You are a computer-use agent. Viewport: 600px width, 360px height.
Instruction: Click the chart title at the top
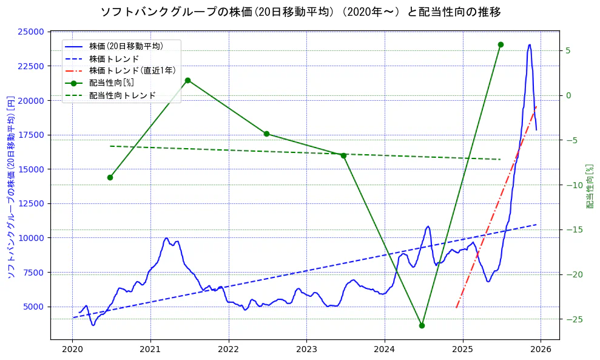(x=300, y=12)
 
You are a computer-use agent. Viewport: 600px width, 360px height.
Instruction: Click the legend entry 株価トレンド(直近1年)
(x=132, y=70)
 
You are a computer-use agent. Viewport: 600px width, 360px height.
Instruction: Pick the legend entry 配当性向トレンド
(x=122, y=95)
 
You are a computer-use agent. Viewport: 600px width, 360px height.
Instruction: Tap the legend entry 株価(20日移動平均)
(x=126, y=46)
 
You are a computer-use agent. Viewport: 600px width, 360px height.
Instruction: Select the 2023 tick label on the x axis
(x=306, y=350)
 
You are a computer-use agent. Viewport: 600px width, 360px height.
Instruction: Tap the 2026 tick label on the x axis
(x=541, y=350)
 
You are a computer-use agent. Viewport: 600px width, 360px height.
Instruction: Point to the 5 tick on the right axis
(x=568, y=50)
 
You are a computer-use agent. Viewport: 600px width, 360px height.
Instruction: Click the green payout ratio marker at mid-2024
(x=422, y=325)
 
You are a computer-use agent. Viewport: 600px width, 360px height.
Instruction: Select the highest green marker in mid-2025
(x=501, y=44)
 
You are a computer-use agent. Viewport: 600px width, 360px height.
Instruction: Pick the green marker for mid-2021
(x=187, y=80)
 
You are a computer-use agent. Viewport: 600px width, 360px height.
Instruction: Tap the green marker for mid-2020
(x=110, y=177)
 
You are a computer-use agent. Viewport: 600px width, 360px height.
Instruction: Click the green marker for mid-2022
(x=266, y=134)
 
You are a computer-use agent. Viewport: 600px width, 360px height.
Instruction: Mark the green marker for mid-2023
(x=343, y=155)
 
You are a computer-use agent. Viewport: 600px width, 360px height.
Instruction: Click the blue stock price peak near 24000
(x=530, y=45)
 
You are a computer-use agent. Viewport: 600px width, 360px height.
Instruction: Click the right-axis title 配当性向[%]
(x=590, y=185)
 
